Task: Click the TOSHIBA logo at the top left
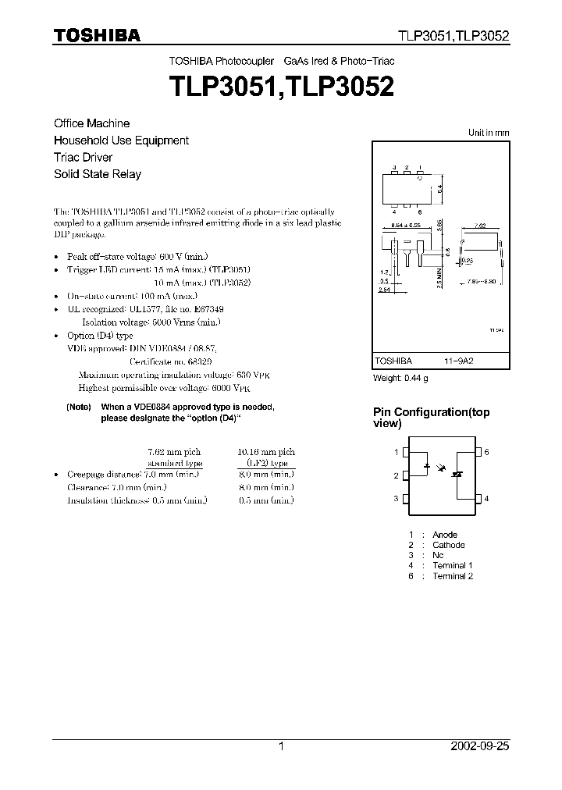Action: pos(97,35)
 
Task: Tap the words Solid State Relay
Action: pos(98,174)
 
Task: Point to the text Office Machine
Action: pos(91,123)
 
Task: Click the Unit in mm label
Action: pos(489,133)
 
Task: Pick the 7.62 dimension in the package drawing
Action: pos(480,225)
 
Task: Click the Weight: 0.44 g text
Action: pos(401,378)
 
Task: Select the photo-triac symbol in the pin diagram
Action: pos(460,473)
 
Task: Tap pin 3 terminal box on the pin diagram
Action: pos(405,499)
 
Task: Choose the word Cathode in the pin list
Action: pos(449,545)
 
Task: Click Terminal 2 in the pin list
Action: pos(454,576)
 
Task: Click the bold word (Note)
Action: pos(79,407)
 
